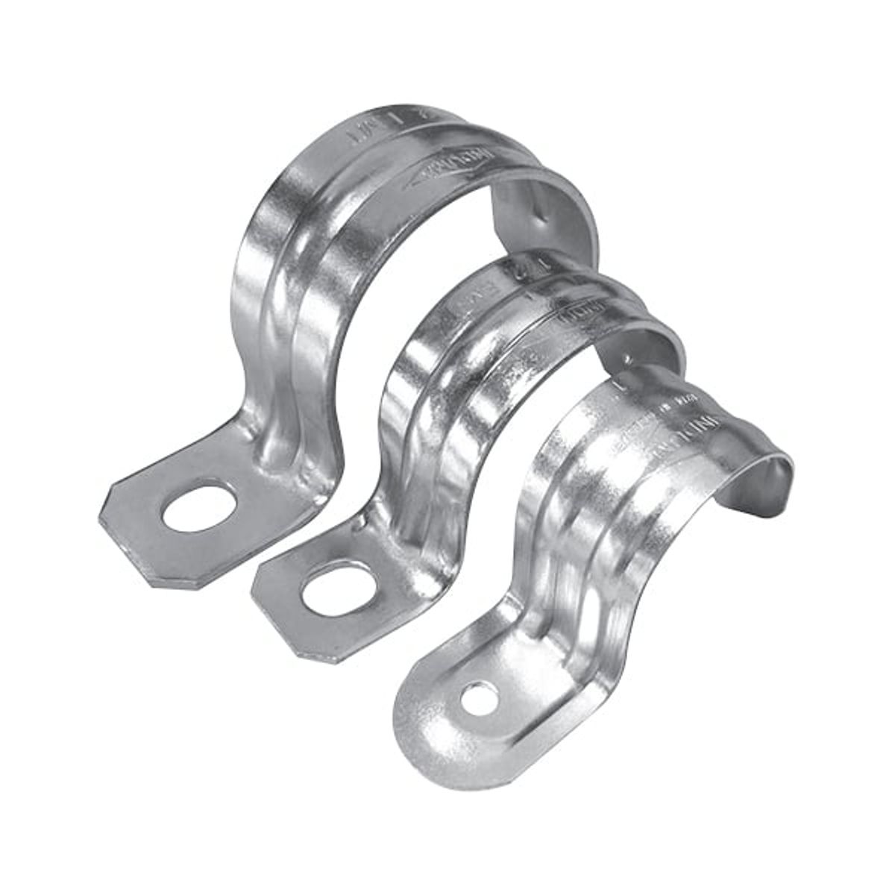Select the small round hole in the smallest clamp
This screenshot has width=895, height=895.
point(479,699)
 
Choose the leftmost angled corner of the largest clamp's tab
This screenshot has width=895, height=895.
point(104,515)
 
